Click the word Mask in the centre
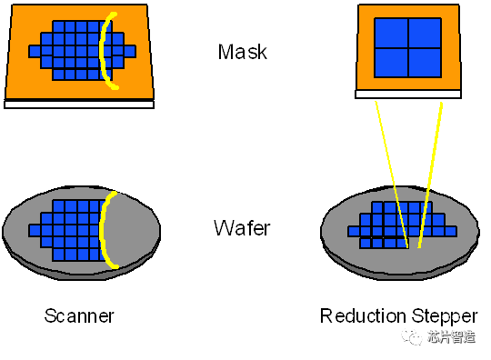tap(244, 52)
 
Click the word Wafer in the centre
tap(242, 227)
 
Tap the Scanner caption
tap(81, 315)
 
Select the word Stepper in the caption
tap(443, 315)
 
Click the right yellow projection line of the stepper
tap(430, 173)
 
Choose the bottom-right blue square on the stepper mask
tap(425, 62)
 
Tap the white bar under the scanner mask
tap(79, 104)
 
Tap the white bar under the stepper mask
tap(408, 94)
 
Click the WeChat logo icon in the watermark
tap(412, 337)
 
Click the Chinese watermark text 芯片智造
tap(452, 337)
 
